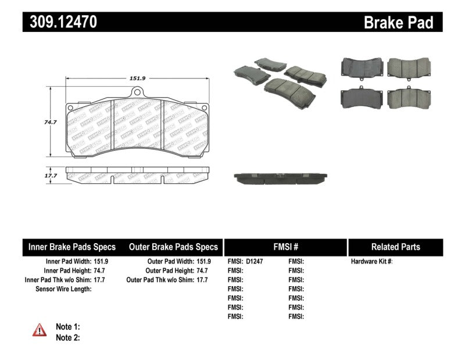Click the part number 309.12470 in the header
(60, 22)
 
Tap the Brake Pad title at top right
(398, 23)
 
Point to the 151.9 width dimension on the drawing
(137, 79)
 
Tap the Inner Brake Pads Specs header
(72, 247)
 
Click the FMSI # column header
(285, 247)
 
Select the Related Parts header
(395, 247)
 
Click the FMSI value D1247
(255, 262)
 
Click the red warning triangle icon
(40, 330)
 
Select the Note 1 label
(67, 327)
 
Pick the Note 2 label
(67, 337)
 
